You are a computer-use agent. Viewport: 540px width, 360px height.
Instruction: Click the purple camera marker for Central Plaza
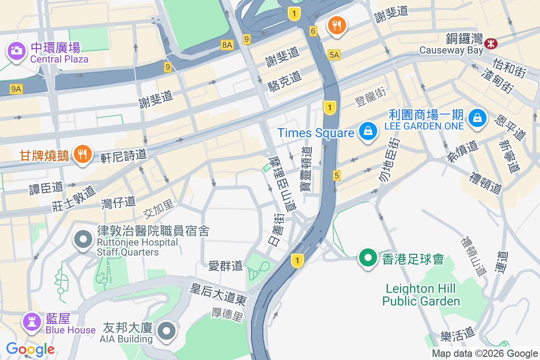(17, 50)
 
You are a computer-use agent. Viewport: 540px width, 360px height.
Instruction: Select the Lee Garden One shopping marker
(477, 118)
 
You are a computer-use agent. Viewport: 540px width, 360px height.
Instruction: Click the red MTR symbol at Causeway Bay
(490, 43)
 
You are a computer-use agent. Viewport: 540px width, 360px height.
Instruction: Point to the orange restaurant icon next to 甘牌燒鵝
(82, 154)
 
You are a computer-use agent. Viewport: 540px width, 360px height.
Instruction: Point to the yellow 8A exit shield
(227, 45)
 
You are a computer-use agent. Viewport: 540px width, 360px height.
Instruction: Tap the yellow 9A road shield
(16, 89)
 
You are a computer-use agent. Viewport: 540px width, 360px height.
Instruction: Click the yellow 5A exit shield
(334, 54)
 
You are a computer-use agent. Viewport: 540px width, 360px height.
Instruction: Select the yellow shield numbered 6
(313, 31)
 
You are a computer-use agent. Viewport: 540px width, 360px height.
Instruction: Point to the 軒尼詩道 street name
(124, 155)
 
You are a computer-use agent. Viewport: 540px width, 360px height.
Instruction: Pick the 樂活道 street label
(458, 334)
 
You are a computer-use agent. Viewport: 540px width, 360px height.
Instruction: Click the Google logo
(30, 349)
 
